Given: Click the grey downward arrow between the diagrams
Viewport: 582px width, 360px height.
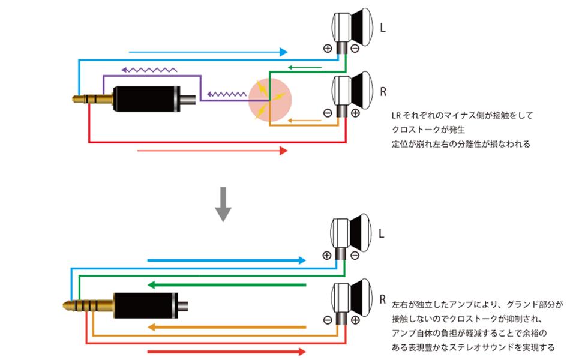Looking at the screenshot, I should tap(223, 205).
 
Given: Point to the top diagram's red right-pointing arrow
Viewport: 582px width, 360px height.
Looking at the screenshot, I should tap(212, 151).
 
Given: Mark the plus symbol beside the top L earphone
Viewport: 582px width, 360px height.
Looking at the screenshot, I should tap(328, 49).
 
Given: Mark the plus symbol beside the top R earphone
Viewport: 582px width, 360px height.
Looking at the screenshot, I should tap(355, 113).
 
